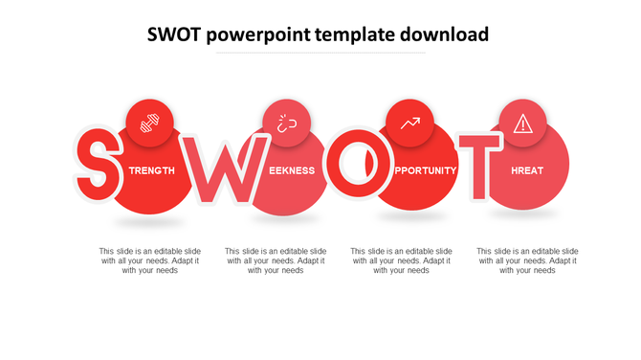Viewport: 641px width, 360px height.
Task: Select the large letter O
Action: pos(356,169)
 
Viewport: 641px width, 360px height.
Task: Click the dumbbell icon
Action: pos(150,124)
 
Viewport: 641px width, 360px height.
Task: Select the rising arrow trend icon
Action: pos(410,124)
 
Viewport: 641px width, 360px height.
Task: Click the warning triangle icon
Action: pos(522,124)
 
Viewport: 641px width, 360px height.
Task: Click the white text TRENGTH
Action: pos(151,170)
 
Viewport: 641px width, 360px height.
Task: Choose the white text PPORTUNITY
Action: pos(425,170)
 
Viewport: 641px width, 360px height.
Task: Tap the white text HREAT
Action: pos(527,170)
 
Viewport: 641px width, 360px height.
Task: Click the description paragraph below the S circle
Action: pos(150,260)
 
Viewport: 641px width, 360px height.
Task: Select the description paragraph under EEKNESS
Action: pos(276,260)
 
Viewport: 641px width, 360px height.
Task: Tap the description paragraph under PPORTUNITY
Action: pos(402,260)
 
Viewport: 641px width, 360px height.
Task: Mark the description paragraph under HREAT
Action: pos(527,260)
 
